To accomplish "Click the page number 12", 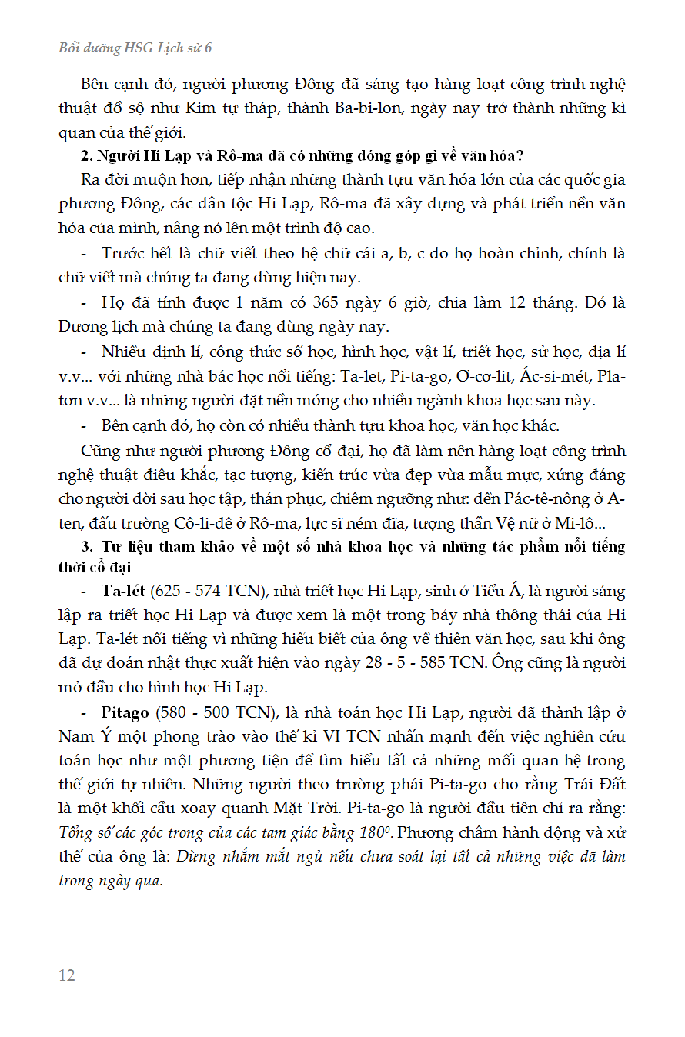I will (67, 975).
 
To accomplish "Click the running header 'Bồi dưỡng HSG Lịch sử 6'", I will (135, 48).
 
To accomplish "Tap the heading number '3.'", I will (87, 547).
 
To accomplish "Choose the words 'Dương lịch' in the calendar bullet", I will (93, 326).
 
